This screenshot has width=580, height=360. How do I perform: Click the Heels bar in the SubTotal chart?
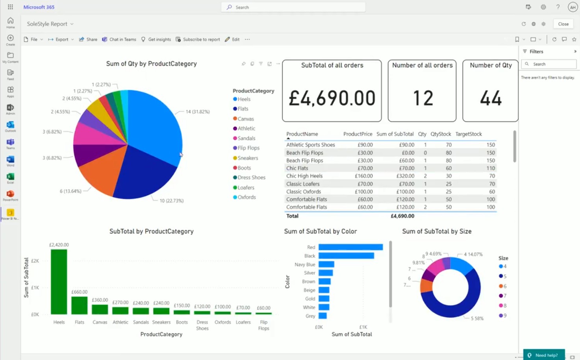(59, 282)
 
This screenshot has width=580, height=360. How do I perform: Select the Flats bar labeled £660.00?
(79, 305)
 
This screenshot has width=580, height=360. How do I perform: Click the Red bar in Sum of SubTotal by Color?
(350, 247)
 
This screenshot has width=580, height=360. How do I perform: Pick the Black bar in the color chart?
(346, 256)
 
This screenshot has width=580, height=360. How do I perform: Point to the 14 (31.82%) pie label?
(197, 112)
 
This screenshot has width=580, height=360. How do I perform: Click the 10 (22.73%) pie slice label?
(171, 201)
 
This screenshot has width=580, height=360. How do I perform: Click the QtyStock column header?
(441, 134)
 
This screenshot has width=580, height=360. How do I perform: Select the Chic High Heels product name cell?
(304, 176)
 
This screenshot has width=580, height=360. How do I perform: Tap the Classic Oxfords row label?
(304, 192)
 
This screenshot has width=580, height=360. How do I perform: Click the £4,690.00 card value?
(332, 98)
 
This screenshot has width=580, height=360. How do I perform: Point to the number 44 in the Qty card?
(491, 98)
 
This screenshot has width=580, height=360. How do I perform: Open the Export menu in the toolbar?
(61, 39)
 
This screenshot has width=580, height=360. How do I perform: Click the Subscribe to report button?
(198, 39)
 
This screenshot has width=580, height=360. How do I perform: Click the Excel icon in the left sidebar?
(10, 177)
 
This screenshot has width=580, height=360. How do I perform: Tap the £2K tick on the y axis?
(35, 261)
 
